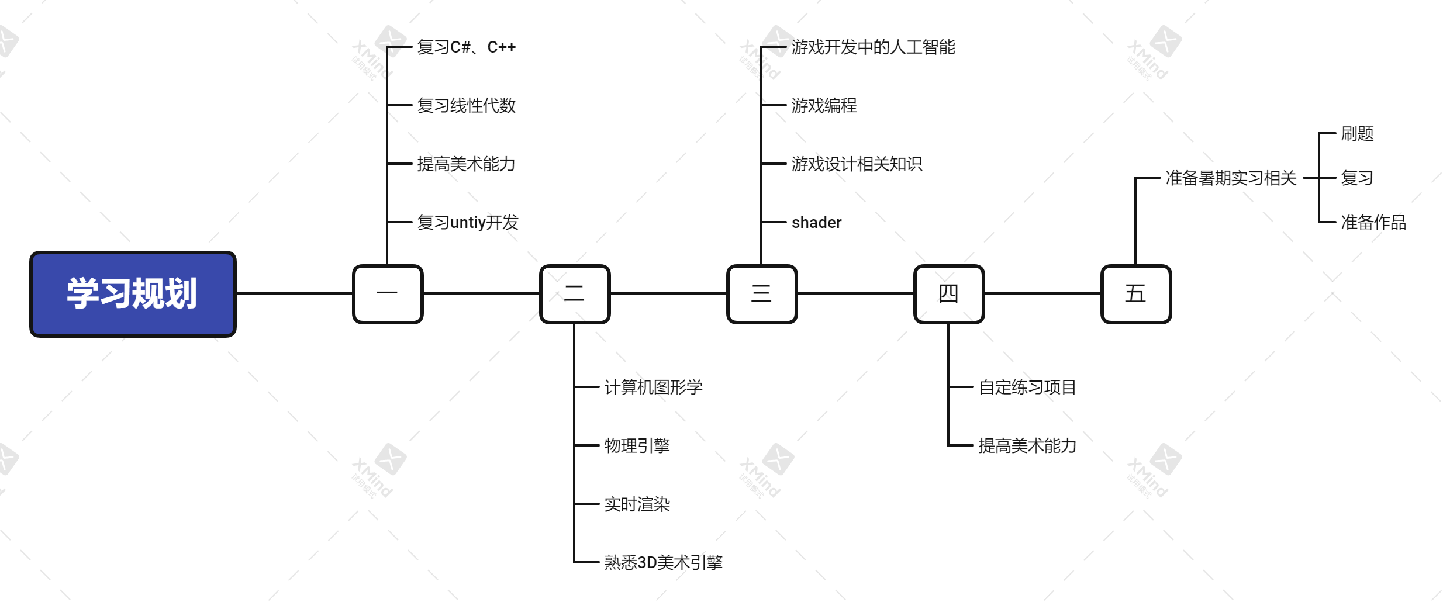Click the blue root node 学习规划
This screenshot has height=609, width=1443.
point(133,294)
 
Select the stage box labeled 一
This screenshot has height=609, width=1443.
point(388,294)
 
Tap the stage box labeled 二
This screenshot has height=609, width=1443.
point(575,294)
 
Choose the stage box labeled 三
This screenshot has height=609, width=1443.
point(762,294)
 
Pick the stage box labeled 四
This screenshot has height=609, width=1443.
point(949,294)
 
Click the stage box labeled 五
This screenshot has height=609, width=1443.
point(1136,294)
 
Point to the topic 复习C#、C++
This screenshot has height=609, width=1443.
point(466,47)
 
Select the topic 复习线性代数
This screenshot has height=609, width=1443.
point(466,106)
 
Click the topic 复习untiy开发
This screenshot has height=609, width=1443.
point(468,223)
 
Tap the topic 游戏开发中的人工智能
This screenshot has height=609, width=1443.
point(873,47)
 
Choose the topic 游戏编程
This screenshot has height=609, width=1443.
point(824,106)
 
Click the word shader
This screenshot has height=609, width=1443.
point(816,223)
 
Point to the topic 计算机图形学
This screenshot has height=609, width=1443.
point(653,387)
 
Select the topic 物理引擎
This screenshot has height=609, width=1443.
point(637,445)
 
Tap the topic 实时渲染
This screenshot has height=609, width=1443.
point(637,504)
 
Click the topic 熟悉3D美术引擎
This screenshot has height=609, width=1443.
point(663,562)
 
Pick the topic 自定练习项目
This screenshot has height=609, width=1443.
point(1027,387)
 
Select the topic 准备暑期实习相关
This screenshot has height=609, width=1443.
point(1231,178)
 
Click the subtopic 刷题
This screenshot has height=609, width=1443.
point(1357,134)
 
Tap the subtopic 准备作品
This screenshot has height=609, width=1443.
point(1373,223)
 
